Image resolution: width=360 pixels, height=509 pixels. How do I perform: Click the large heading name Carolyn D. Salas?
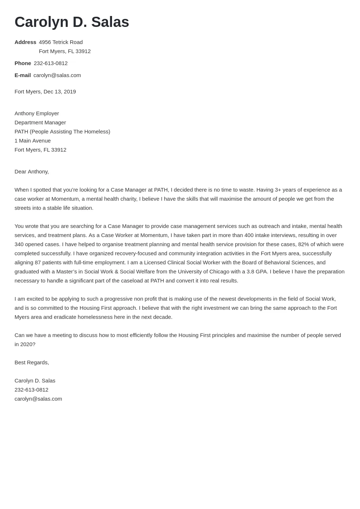[72, 22]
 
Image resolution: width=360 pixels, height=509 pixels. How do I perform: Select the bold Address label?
[25, 42]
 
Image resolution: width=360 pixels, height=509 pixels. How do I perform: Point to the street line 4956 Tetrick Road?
[61, 42]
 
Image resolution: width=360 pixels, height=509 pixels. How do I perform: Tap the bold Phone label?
[23, 63]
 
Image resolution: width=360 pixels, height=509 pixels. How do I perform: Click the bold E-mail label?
[23, 75]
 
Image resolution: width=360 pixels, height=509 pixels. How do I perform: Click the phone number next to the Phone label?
[51, 63]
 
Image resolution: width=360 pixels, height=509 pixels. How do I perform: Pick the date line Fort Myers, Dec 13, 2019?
[45, 92]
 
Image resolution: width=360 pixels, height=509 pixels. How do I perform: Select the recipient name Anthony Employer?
[37, 113]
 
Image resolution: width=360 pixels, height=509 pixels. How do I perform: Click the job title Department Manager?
[40, 123]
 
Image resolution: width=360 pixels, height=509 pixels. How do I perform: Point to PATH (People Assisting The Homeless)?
[62, 132]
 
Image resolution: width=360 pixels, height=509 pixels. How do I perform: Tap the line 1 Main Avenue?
[32, 141]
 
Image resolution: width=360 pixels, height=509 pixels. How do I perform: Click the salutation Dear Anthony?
[32, 172]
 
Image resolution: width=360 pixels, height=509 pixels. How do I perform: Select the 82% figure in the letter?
[304, 244]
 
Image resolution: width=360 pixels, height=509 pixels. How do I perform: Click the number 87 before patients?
[38, 262]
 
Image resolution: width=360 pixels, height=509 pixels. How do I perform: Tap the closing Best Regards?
[32, 362]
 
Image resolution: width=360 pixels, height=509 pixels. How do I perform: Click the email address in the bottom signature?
[38, 399]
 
